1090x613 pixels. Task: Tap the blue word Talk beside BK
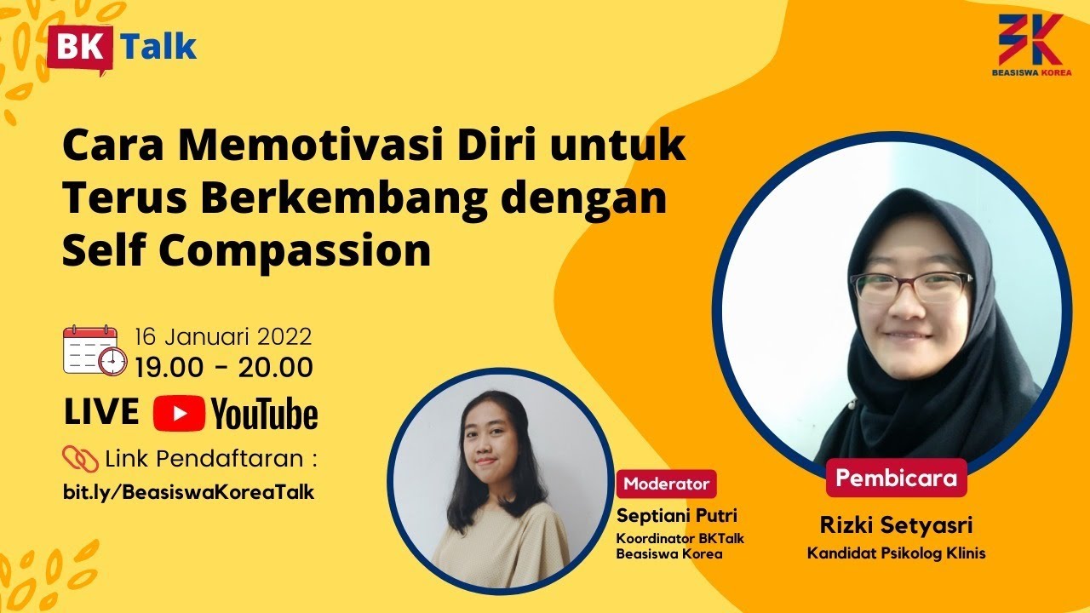(159, 47)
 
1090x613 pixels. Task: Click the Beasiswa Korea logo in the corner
(1031, 45)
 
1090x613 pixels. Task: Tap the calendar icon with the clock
(94, 350)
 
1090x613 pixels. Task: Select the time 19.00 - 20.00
(224, 367)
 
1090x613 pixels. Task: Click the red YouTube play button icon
(179, 414)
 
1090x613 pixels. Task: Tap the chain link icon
(81, 460)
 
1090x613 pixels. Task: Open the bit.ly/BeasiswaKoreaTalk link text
(189, 492)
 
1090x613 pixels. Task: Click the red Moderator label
(667, 484)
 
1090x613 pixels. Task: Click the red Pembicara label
(896, 478)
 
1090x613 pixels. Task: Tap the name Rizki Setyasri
(896, 525)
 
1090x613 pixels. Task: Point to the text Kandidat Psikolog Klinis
(896, 553)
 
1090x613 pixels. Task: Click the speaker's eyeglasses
(909, 287)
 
